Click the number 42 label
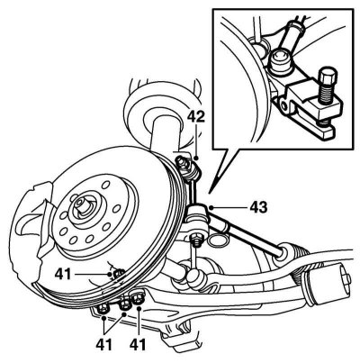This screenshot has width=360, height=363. click(x=196, y=116)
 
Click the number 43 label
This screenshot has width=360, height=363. click(x=258, y=207)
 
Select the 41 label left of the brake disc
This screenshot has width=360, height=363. click(x=63, y=274)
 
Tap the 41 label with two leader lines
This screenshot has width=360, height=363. click(x=104, y=344)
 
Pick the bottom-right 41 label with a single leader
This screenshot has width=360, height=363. click(x=138, y=344)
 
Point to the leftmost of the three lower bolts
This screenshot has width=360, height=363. click(x=103, y=307)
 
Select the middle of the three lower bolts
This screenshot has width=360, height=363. click(x=125, y=304)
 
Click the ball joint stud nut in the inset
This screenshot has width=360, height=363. click(x=282, y=60)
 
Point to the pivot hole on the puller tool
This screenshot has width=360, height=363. click(x=285, y=106)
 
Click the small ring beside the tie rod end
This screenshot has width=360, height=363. click(x=217, y=241)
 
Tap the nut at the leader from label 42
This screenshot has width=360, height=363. click(x=182, y=162)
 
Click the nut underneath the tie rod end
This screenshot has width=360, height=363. click(x=196, y=240)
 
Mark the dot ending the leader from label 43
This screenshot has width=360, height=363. click(x=211, y=207)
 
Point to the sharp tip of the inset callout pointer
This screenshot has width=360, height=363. click(x=210, y=192)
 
